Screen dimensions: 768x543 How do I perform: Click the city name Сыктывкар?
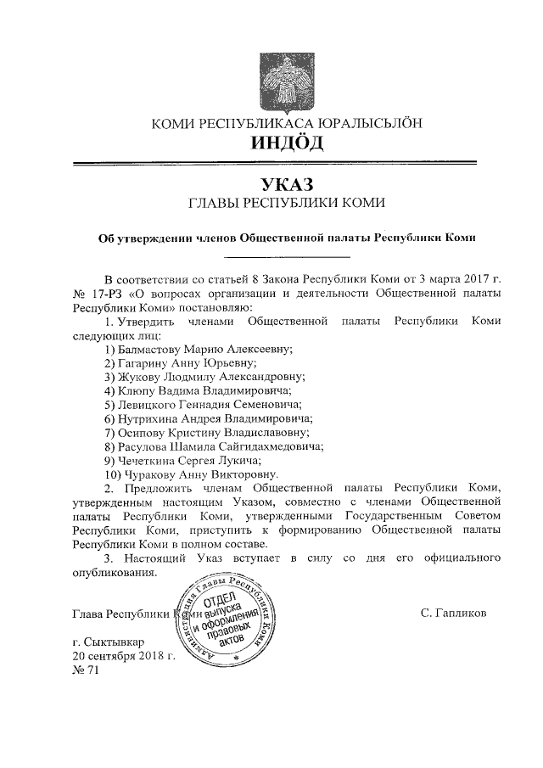point(115,642)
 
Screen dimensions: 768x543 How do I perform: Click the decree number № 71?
point(87,670)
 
